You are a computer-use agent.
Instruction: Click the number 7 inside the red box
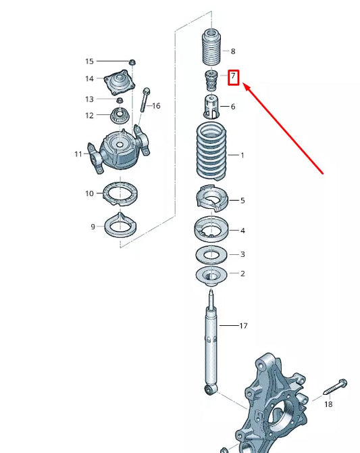pos(234,77)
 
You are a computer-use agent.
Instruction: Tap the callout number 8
pos(233,51)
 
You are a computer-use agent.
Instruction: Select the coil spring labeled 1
pos(212,156)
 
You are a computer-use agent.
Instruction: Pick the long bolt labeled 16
pos(145,102)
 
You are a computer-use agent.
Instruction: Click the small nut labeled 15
pos(133,62)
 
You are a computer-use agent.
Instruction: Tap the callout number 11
pos(78,154)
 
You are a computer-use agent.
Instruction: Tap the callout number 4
pos(242,231)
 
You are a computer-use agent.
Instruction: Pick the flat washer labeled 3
pos(212,255)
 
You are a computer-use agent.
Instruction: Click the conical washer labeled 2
pos(212,275)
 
